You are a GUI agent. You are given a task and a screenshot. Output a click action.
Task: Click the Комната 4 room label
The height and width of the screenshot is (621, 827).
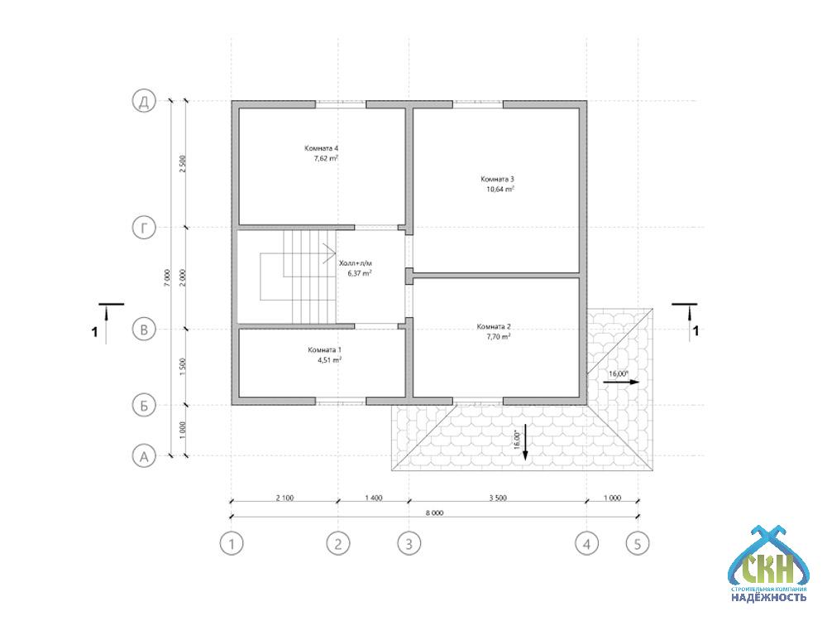pos(321,148)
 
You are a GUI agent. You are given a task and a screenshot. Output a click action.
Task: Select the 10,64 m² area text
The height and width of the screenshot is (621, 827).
pos(500,189)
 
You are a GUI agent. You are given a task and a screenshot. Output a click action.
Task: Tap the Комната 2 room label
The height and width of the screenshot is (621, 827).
pos(494,327)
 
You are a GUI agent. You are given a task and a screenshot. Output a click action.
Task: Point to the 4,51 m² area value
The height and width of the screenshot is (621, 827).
pos(329,360)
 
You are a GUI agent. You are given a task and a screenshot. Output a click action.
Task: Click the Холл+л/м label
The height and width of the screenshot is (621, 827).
pos(359,263)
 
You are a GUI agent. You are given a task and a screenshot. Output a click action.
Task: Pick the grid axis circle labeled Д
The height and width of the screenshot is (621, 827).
pos(144,101)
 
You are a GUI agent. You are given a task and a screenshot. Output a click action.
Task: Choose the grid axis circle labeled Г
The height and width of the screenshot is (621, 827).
pos(144,229)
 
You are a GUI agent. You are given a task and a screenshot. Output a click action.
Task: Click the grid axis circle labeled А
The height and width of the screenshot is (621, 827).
pos(144,456)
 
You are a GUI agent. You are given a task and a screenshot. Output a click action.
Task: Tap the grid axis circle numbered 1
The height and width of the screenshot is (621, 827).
pos(232,543)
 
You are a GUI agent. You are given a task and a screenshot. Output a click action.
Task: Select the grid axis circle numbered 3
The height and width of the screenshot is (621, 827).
pos(409,543)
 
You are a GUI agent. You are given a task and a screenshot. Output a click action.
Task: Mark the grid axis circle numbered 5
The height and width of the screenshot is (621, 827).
pos(638,543)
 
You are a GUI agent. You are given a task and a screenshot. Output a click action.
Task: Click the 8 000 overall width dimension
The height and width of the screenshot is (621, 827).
pos(435,513)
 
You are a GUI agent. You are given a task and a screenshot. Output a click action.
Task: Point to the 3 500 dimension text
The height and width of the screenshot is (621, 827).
pos(498,498)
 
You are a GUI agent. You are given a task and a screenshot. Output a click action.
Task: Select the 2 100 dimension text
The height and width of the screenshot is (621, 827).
pos(284,498)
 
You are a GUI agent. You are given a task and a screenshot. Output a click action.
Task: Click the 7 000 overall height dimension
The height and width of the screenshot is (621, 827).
pos(167,277)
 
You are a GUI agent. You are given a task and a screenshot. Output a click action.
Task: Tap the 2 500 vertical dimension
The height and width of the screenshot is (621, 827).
pos(183,164)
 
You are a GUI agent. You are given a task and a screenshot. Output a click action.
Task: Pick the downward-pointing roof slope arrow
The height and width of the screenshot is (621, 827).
pos(525,442)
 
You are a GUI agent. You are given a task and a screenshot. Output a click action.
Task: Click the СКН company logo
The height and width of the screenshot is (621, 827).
pos(768,564)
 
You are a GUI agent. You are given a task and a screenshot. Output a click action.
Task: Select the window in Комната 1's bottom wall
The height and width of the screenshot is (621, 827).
pos(341,402)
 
